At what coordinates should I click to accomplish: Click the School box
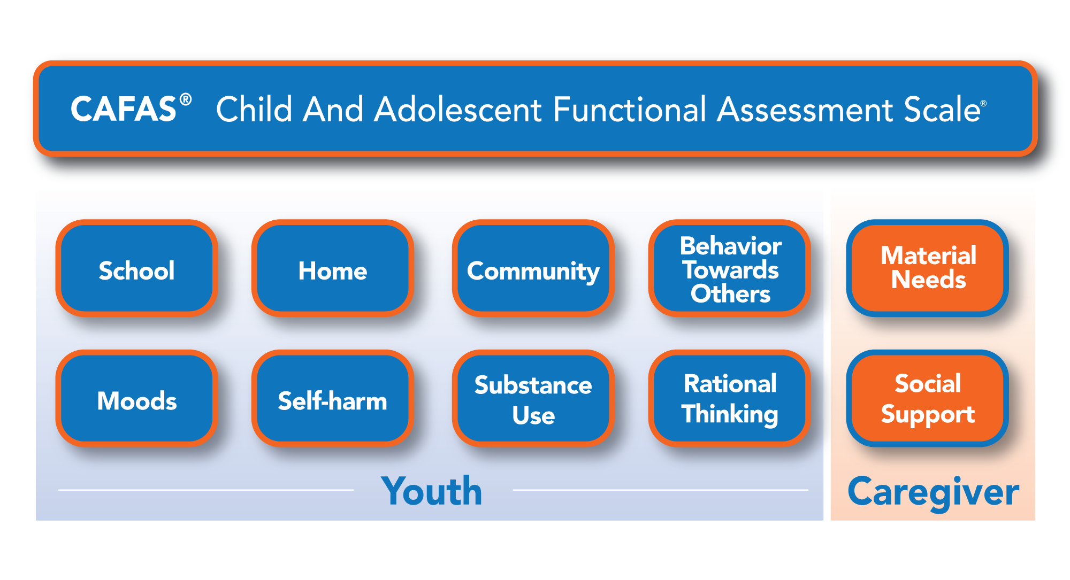tap(136, 268)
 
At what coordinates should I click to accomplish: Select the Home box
tap(332, 268)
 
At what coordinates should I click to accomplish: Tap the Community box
tap(533, 268)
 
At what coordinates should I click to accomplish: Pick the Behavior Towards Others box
tap(730, 268)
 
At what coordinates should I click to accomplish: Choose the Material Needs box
tap(928, 268)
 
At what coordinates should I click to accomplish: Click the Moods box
tap(136, 399)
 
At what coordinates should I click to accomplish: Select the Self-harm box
tap(332, 399)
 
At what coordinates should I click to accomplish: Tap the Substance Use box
tap(533, 399)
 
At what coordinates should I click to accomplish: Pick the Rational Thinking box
tap(730, 399)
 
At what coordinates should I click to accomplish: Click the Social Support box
tap(928, 399)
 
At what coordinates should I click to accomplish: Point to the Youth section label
tap(431, 491)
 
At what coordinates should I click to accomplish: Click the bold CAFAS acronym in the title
tap(124, 110)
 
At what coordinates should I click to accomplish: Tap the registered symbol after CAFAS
tap(186, 99)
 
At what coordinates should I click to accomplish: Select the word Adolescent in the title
tap(458, 110)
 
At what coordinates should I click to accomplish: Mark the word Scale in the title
tap(942, 110)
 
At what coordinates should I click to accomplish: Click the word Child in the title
tap(254, 110)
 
